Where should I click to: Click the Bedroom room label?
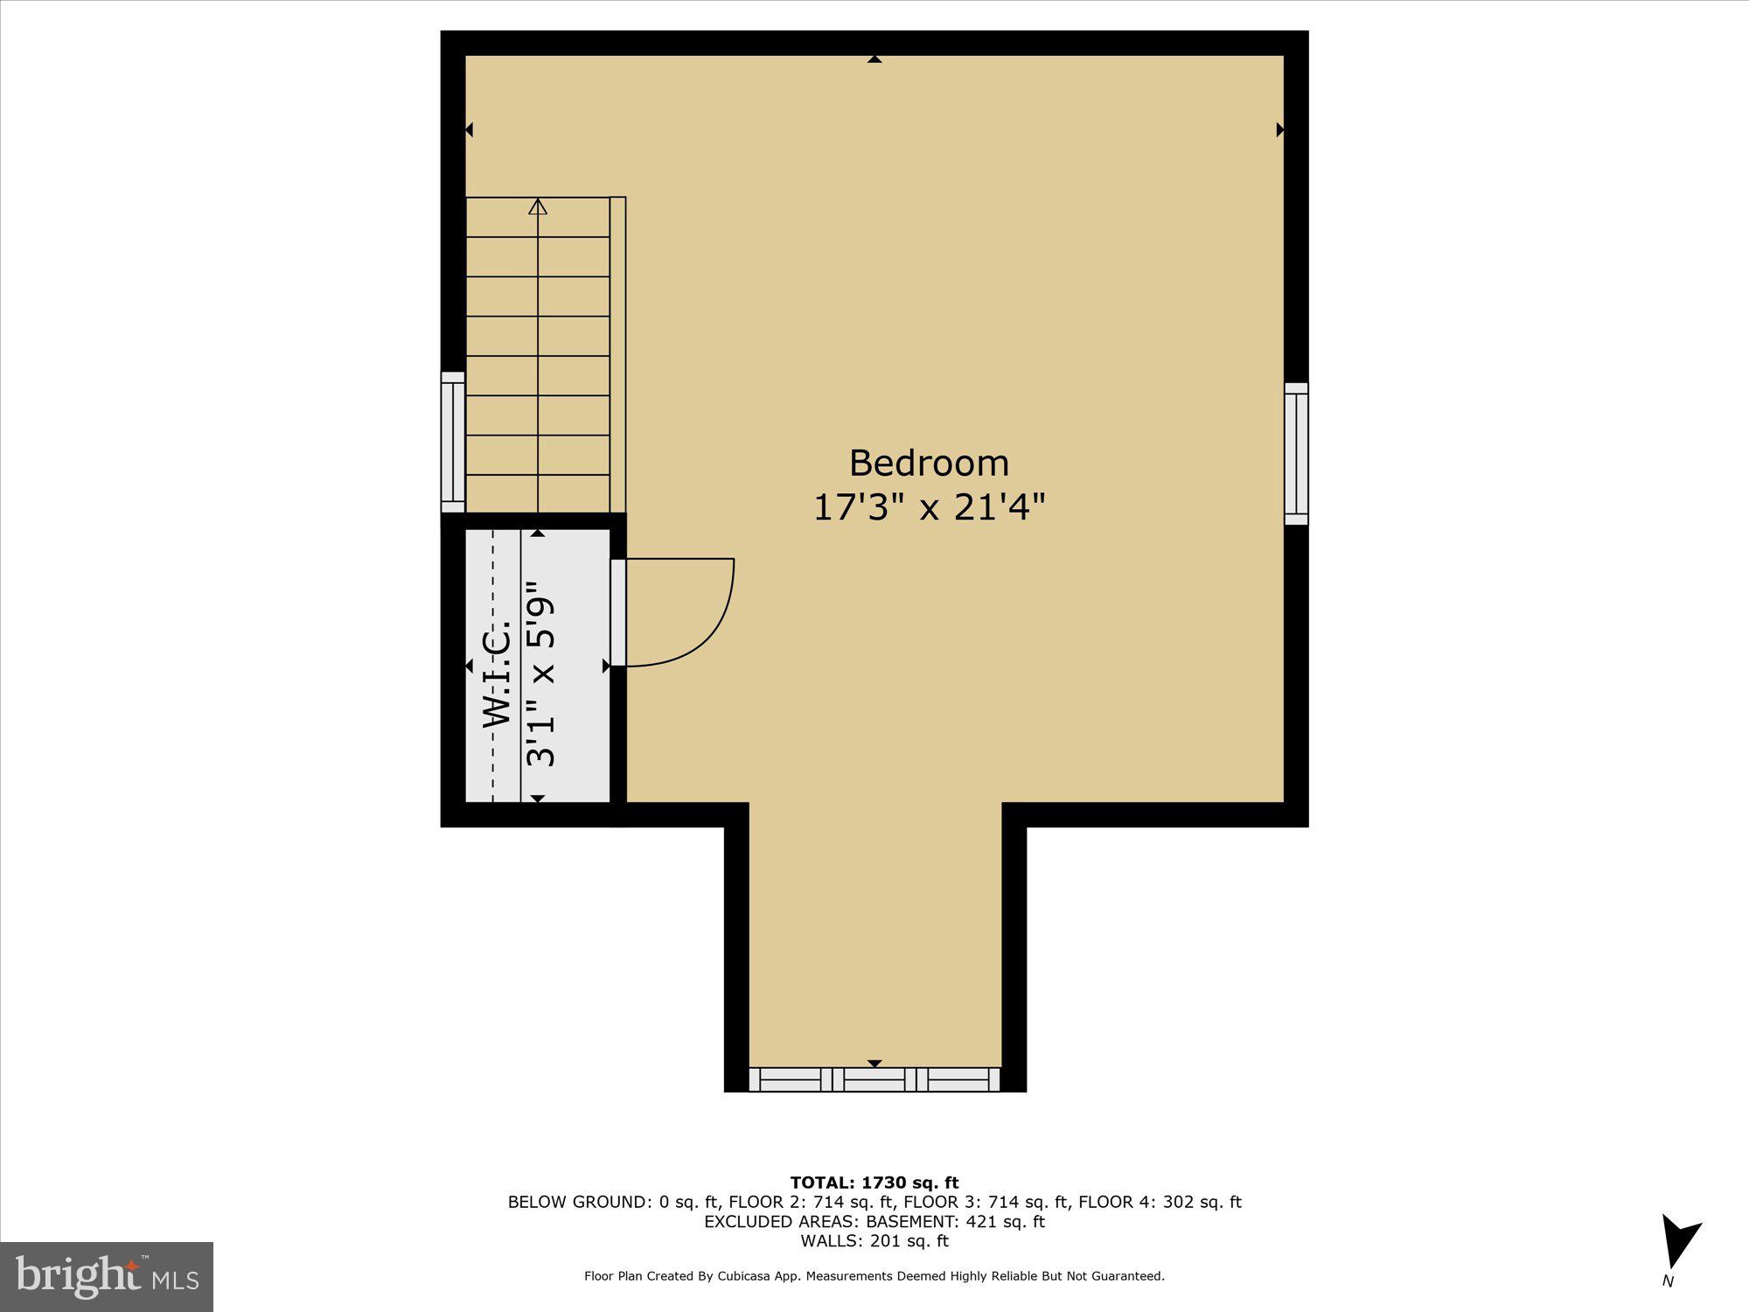[929, 463]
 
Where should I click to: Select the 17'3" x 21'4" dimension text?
[929, 507]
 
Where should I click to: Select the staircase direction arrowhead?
[538, 207]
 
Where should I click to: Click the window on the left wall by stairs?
[452, 442]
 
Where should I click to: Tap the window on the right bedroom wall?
[1296, 454]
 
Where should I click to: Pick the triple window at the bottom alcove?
[874, 1079]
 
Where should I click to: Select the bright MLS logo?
[107, 1276]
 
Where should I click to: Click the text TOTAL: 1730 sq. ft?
[874, 1183]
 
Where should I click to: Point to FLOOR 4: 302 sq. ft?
[1160, 1202]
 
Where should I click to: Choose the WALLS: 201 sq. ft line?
[874, 1240]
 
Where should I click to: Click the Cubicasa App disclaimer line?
[874, 1276]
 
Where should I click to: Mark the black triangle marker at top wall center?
[874, 59]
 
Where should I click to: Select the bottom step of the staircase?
[538, 494]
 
